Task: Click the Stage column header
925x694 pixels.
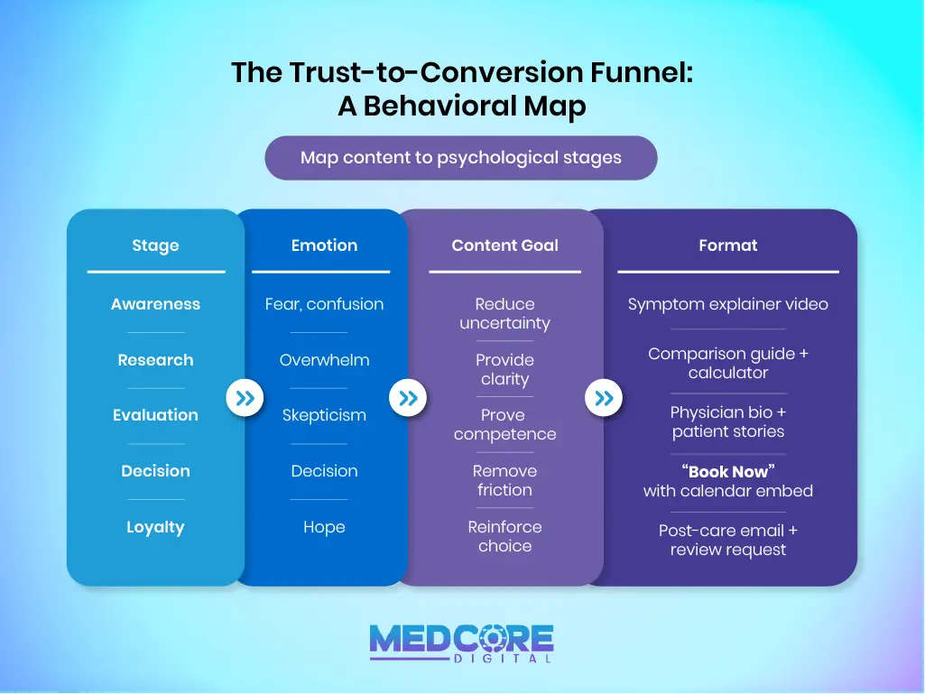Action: coord(155,245)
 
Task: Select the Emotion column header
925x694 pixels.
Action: coord(324,245)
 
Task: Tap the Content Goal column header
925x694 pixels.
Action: coord(504,245)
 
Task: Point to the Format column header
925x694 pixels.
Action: coord(727,245)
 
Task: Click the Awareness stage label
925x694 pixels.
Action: coord(155,304)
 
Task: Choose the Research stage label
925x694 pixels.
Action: coord(155,360)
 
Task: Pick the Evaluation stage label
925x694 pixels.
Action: coord(155,415)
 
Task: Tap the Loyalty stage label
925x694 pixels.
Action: coord(155,527)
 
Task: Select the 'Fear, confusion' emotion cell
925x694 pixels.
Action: coord(324,304)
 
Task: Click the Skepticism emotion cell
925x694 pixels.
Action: coord(324,415)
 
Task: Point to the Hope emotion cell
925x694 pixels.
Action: coord(324,527)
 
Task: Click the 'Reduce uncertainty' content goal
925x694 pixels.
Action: coord(504,313)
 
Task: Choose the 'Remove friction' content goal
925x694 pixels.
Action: coord(504,480)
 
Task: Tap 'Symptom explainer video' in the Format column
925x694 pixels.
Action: coord(727,304)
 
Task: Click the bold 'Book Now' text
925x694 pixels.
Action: coord(728,472)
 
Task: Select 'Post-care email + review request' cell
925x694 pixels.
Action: coord(727,540)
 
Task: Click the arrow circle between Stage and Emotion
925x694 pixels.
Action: coord(244,398)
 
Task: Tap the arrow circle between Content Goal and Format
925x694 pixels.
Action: coord(604,398)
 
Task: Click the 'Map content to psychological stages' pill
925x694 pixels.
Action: coord(461,158)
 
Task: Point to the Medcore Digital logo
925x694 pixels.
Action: coord(461,643)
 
